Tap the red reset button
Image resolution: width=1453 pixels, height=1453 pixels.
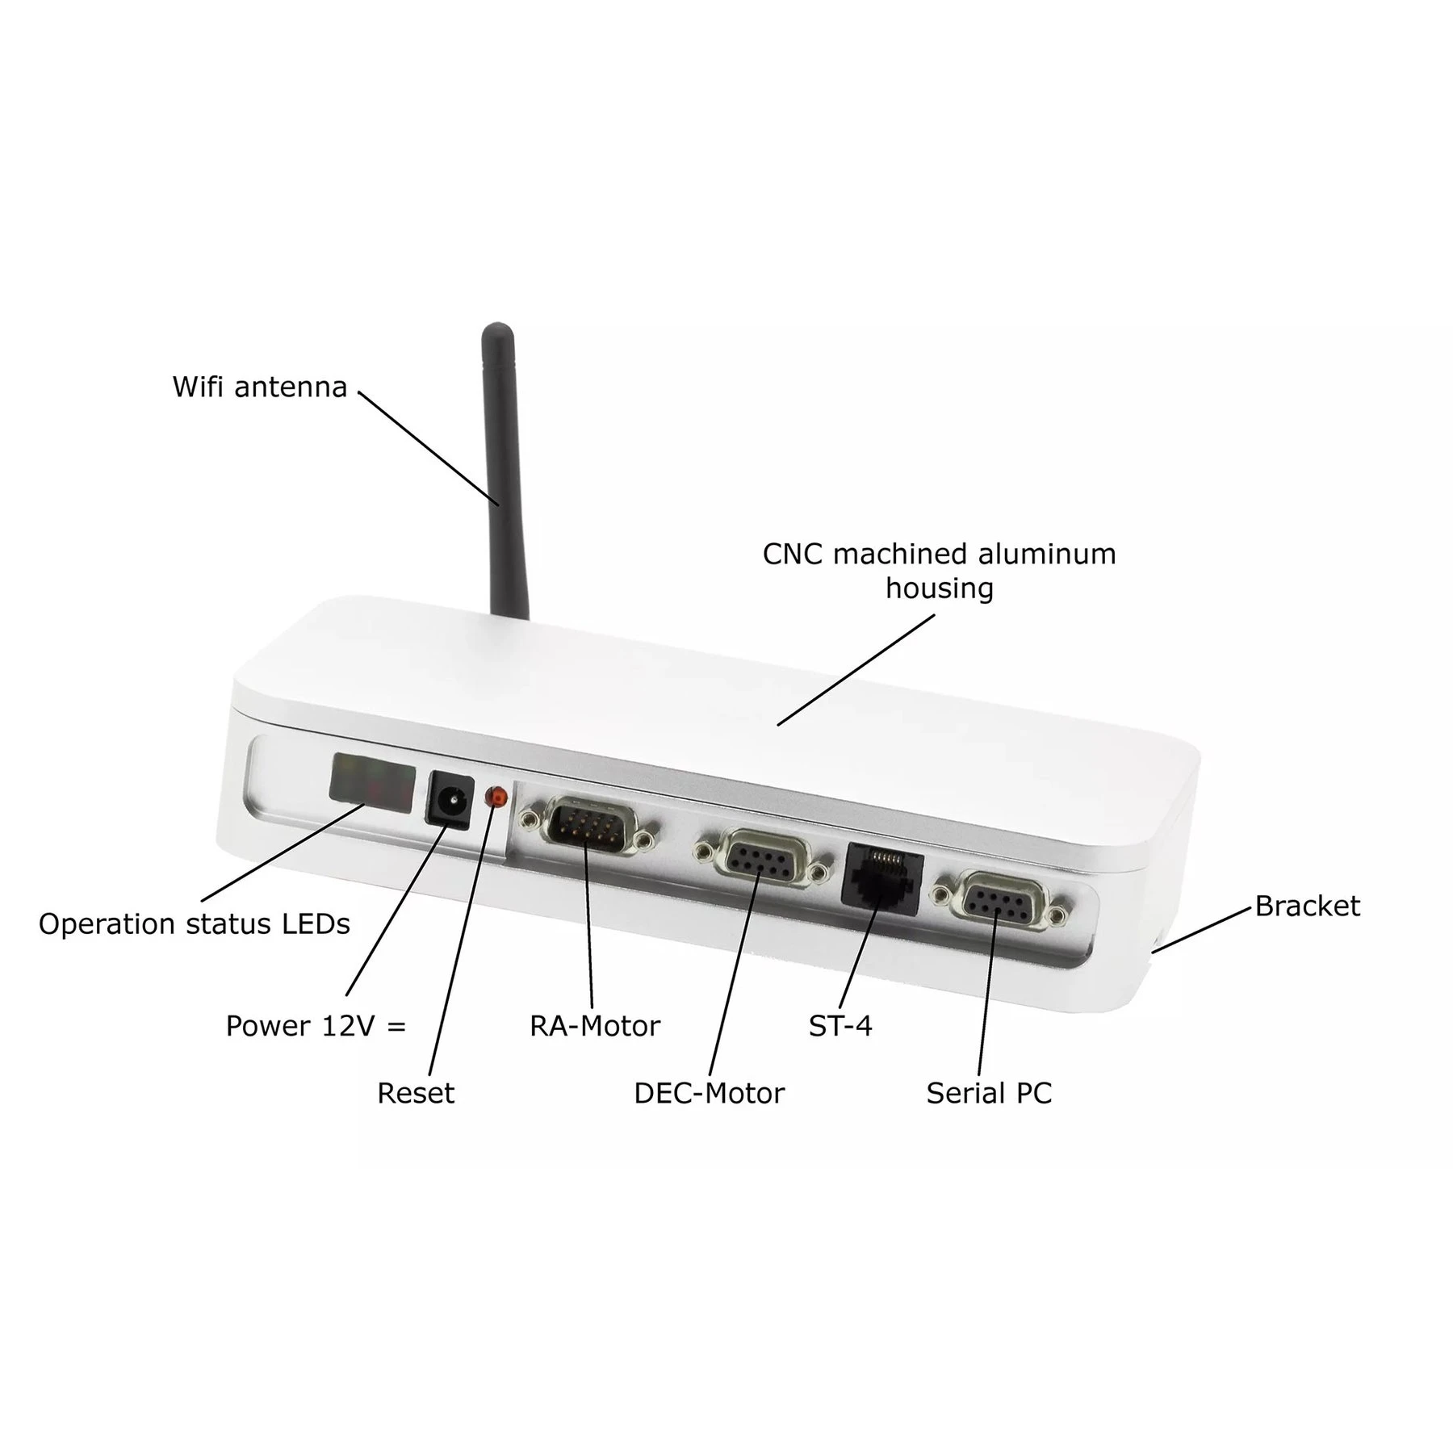tap(496, 798)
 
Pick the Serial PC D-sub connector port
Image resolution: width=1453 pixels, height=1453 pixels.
tap(1002, 902)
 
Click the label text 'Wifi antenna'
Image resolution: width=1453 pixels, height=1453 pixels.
tap(260, 387)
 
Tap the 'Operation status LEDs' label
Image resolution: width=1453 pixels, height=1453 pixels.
tap(195, 924)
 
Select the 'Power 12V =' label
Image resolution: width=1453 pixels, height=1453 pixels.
tap(316, 1026)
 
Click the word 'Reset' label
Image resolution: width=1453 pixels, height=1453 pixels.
tap(416, 1093)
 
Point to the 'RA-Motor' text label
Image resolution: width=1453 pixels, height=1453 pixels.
tap(595, 1026)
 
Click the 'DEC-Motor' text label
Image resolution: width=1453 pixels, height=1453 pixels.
tap(709, 1093)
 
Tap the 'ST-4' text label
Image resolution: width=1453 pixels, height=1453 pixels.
tap(840, 1026)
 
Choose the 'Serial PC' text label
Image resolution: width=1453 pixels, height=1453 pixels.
tap(989, 1093)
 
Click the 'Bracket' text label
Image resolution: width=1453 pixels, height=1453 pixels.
tap(1307, 906)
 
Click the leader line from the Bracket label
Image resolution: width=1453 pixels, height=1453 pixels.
tap(1202, 930)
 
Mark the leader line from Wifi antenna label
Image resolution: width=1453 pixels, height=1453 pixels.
tap(429, 449)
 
